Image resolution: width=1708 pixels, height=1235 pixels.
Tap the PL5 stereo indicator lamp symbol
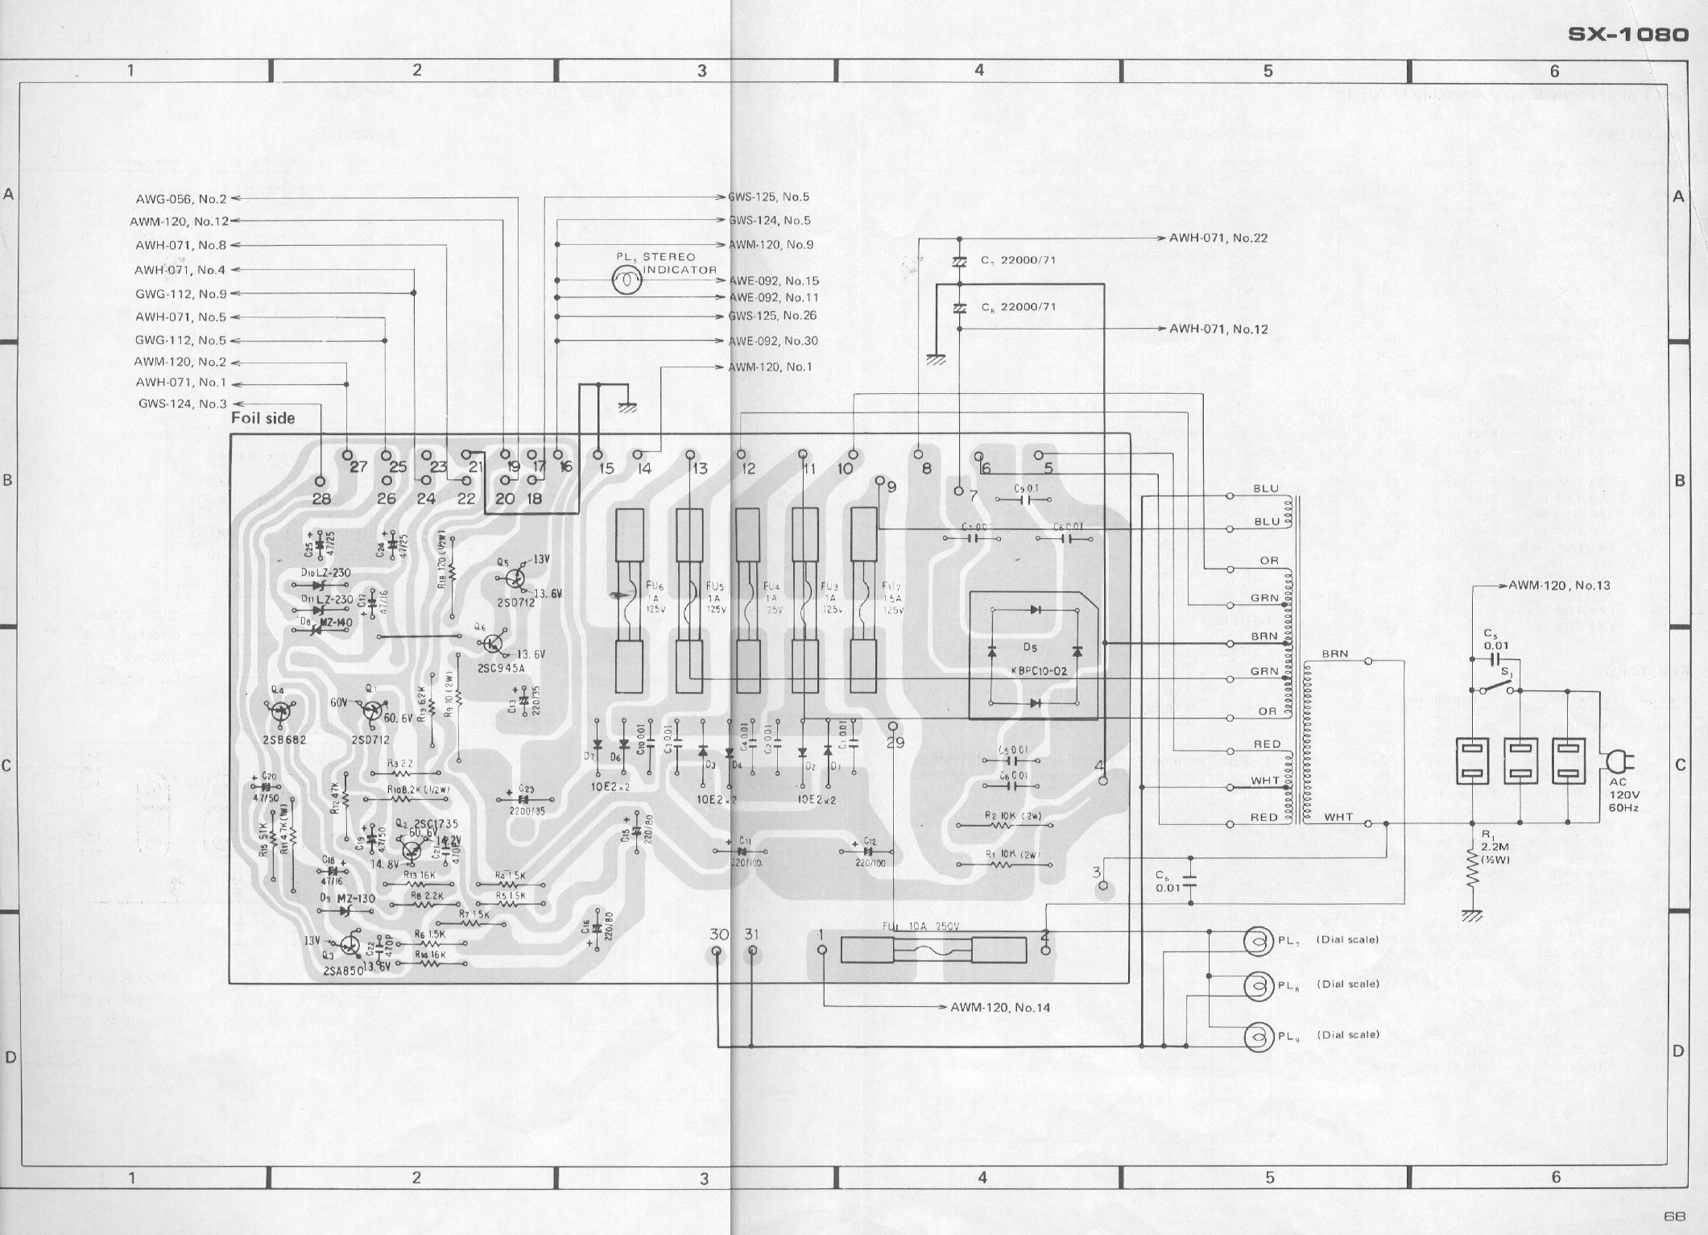click(626, 280)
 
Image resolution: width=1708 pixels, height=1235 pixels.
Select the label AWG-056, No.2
click(182, 198)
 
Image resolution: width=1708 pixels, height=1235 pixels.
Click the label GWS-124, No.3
click(183, 404)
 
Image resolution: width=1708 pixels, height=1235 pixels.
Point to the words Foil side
click(263, 418)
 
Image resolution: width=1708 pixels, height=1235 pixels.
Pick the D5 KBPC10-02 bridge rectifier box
click(1035, 655)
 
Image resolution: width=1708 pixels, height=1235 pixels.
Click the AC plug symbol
click(1616, 761)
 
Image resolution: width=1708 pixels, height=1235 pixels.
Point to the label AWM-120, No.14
click(1000, 1008)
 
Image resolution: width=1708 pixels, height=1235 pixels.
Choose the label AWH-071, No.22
click(1218, 238)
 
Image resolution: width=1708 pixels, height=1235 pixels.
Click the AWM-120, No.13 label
click(1559, 586)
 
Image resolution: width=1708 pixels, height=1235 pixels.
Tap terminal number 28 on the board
click(321, 499)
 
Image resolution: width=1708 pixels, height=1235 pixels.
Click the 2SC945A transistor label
click(500, 669)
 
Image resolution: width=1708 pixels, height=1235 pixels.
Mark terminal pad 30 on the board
click(718, 952)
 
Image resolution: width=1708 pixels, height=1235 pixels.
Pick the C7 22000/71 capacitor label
click(1018, 260)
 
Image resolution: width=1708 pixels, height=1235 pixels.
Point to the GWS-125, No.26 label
click(772, 316)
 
